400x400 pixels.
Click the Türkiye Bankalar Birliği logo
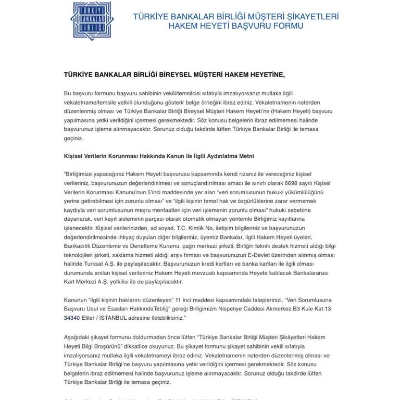(x=94, y=20)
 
